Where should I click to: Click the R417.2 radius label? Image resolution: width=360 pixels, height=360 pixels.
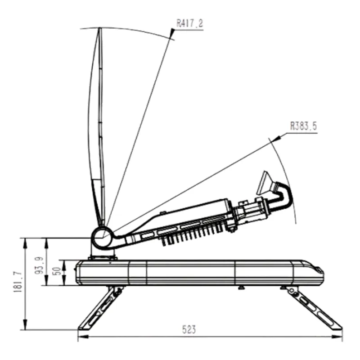(189, 23)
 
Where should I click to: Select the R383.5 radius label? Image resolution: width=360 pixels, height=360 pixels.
(303, 126)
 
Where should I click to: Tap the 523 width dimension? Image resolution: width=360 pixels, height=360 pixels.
(189, 329)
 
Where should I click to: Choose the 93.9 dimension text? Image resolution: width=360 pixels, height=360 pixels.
(39, 265)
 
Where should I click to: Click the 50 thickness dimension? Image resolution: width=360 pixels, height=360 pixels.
(58, 271)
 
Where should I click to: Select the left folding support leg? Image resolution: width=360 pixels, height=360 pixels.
(100, 308)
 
